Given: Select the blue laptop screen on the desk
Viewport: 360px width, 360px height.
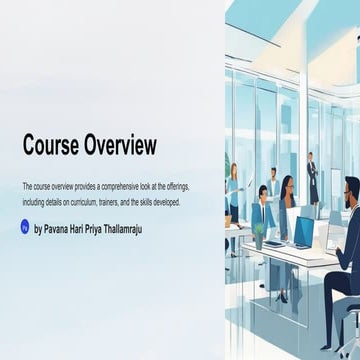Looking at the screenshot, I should pyautogui.click(x=302, y=230).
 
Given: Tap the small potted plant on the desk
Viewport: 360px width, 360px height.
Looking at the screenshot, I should pyautogui.click(x=259, y=235).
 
